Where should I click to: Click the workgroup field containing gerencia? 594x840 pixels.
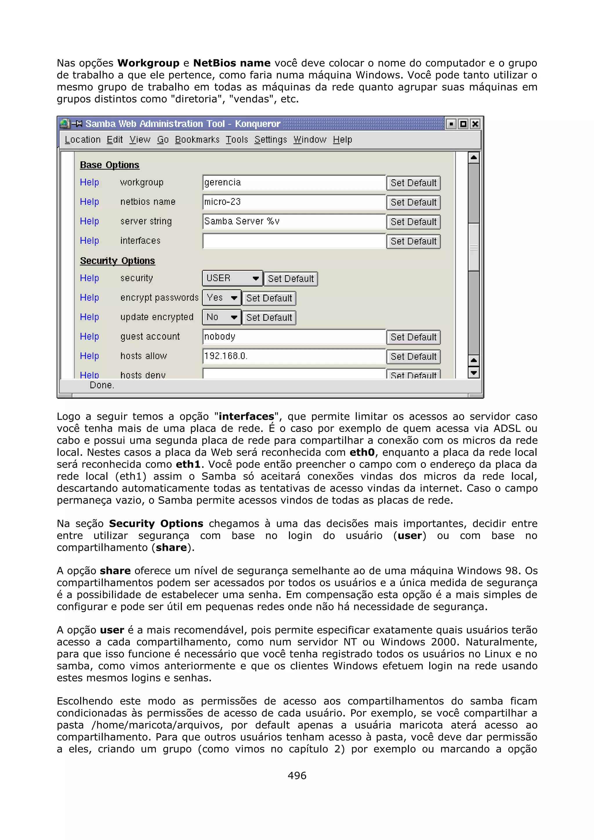(x=294, y=183)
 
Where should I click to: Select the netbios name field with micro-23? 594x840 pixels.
(x=294, y=202)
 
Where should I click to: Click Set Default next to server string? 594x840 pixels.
(x=413, y=222)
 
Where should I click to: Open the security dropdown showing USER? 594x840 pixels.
(x=232, y=279)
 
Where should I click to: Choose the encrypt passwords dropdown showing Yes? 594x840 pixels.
(x=221, y=298)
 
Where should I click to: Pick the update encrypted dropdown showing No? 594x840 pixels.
(x=221, y=317)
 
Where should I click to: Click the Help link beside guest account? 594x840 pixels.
(x=89, y=337)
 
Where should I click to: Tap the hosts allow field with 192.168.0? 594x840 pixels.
(x=294, y=356)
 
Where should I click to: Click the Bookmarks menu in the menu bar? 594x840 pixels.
(x=197, y=140)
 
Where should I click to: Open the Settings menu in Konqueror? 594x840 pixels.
(x=271, y=140)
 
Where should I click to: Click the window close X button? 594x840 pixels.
(x=475, y=124)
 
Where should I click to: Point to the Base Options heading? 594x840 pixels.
(x=109, y=165)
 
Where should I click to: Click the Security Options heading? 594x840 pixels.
(x=117, y=261)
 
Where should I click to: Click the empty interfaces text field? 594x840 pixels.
(x=294, y=241)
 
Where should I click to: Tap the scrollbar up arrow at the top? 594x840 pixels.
(x=474, y=158)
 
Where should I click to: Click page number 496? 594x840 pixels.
(x=297, y=775)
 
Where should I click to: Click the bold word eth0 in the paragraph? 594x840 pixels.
(x=362, y=452)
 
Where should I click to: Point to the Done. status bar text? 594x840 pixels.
(x=102, y=385)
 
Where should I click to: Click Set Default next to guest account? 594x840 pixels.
(x=413, y=337)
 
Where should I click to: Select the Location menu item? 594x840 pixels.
(x=82, y=140)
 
